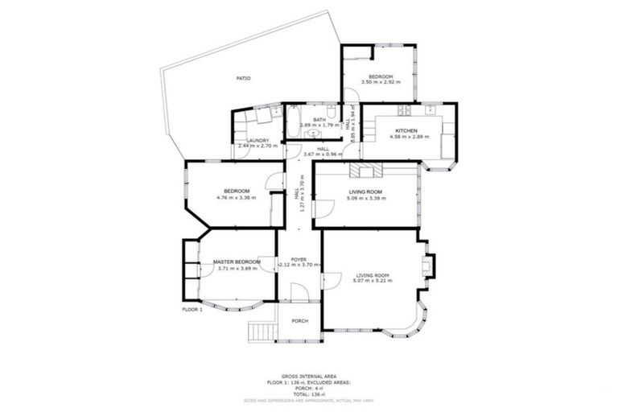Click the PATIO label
click(242, 78)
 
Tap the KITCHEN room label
click(406, 130)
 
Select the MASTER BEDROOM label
click(237, 262)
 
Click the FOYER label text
click(299, 259)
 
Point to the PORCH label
click(299, 321)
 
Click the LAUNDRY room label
click(257, 140)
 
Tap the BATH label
click(319, 120)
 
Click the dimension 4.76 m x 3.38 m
click(236, 197)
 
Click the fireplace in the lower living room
click(428, 265)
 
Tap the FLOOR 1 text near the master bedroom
click(192, 308)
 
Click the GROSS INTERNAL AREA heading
click(308, 376)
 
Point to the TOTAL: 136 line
click(308, 393)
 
